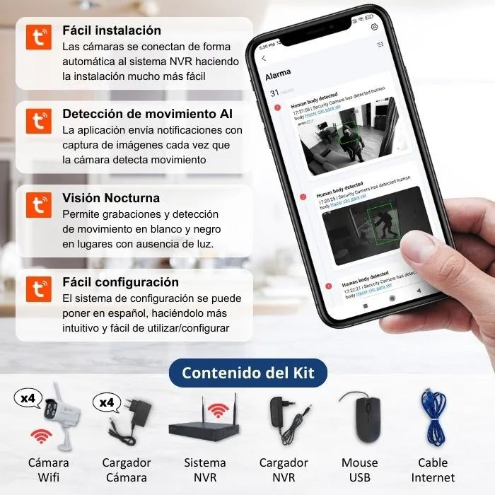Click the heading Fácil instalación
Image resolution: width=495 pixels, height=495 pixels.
(111, 30)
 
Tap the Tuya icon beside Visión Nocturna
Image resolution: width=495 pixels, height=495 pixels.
(39, 205)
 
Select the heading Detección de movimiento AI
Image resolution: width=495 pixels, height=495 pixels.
(147, 114)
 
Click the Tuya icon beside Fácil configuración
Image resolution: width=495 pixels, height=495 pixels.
(39, 289)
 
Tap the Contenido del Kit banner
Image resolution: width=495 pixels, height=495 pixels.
(248, 373)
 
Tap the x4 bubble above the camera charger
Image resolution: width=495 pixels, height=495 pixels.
(107, 403)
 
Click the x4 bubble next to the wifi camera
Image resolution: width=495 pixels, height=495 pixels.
(28, 399)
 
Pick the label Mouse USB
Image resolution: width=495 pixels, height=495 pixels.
(360, 470)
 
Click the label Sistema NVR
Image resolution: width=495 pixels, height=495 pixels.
(205, 470)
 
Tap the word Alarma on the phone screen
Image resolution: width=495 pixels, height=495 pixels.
(277, 75)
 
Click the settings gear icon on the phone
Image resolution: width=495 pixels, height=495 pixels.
(374, 27)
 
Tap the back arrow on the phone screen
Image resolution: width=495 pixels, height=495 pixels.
(264, 59)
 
